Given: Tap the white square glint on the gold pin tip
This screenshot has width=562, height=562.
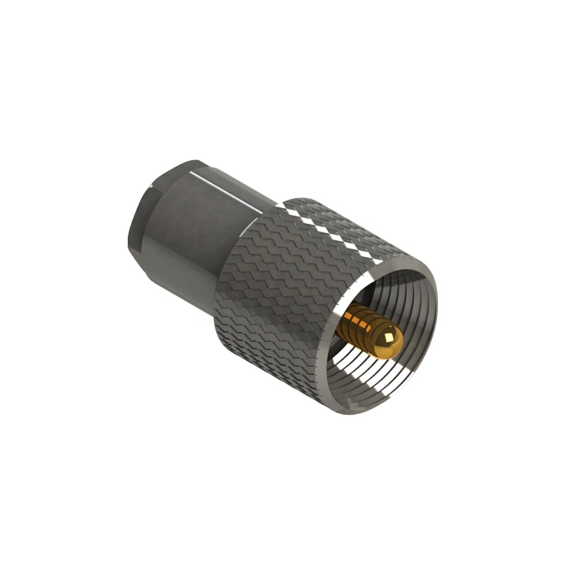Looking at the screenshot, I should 388,338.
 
